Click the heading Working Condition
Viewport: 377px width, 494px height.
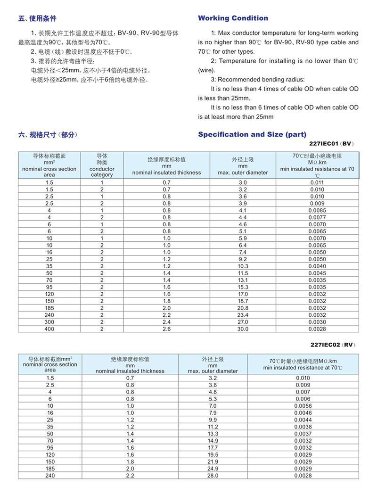click(x=233, y=18)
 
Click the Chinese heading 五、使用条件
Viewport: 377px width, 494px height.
click(x=37, y=19)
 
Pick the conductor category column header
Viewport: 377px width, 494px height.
click(x=102, y=165)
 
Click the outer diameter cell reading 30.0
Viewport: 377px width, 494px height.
click(x=243, y=329)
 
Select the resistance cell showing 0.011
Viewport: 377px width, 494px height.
click(x=317, y=182)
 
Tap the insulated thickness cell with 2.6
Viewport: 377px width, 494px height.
click(x=166, y=329)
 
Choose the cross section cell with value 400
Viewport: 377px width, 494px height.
click(x=49, y=329)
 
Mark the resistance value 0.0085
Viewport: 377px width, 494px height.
click(x=317, y=210)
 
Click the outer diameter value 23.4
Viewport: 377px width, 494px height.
click(x=243, y=315)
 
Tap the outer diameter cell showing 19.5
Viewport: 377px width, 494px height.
click(x=213, y=455)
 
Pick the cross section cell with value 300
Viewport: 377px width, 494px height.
click(x=49, y=322)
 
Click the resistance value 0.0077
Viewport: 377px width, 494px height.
click(x=317, y=217)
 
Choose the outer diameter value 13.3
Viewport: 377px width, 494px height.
click(x=213, y=434)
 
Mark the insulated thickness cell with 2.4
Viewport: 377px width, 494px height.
click(x=166, y=322)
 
